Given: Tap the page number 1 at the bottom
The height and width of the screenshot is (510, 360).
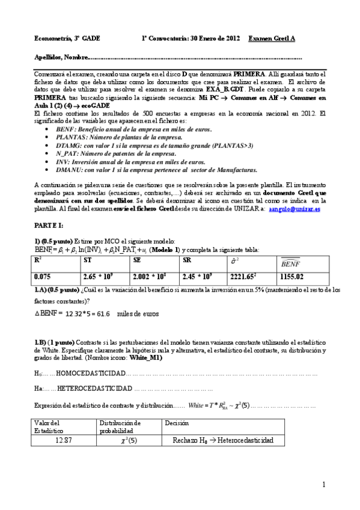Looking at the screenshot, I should tap(323, 484).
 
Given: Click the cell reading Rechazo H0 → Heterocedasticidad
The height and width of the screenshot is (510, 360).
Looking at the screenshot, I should tap(222, 440).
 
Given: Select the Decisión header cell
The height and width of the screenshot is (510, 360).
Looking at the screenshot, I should tap(175, 423).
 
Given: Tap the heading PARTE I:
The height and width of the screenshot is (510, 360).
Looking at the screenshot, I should tap(49, 223).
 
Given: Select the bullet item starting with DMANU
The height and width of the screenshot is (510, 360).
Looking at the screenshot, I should tap(155, 169).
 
